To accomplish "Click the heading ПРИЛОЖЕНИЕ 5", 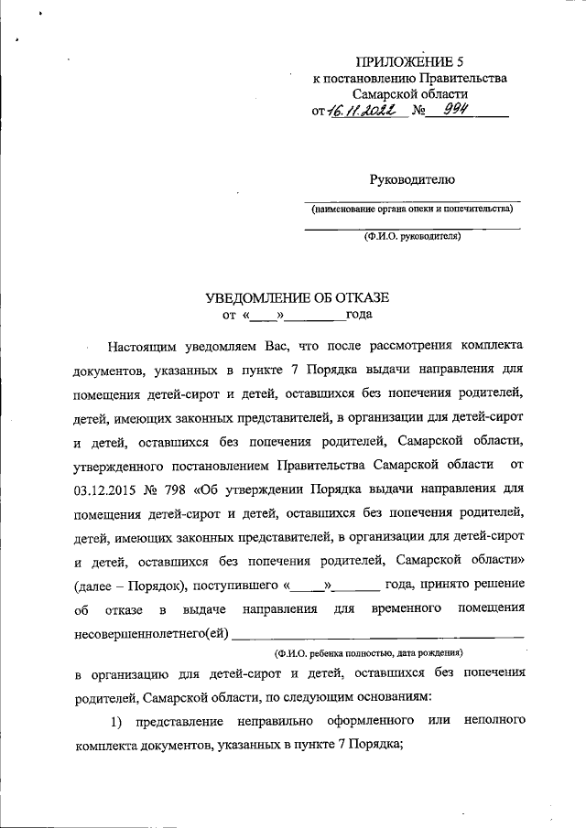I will click(409, 62).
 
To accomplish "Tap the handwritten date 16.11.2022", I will click(358, 111).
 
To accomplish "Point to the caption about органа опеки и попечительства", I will click(412, 209).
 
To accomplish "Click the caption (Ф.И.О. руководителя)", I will click(412, 235).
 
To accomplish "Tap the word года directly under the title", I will click(358, 317).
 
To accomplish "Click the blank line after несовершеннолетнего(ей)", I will click(378, 633).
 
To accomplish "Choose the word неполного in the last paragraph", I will click(494, 722).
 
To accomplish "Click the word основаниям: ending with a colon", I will click(383, 697).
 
